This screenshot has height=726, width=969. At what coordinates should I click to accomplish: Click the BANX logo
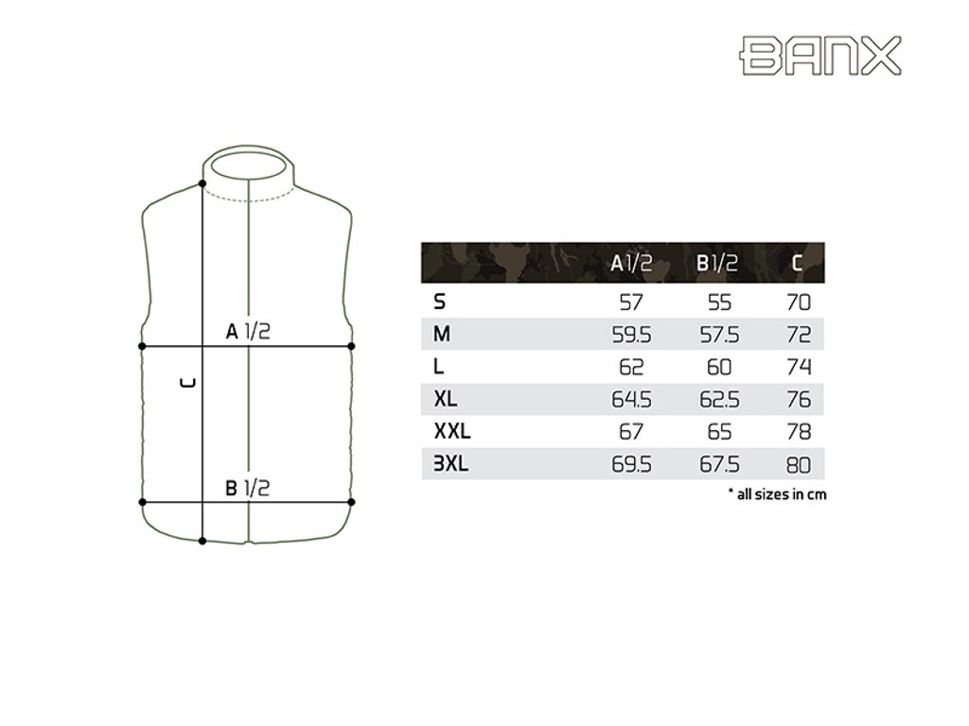click(x=820, y=56)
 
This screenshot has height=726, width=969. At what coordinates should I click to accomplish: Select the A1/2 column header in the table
click(x=631, y=264)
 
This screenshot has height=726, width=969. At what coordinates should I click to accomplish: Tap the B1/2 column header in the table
click(x=717, y=264)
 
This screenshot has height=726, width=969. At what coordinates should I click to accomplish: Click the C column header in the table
click(x=797, y=264)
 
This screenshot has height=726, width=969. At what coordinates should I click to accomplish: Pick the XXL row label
click(x=452, y=431)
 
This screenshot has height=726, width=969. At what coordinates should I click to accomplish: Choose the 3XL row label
click(x=451, y=463)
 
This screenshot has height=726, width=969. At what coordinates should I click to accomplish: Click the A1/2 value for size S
click(x=631, y=302)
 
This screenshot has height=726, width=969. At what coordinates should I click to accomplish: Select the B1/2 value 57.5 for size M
click(x=719, y=335)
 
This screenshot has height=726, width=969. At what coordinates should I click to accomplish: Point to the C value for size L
click(x=799, y=367)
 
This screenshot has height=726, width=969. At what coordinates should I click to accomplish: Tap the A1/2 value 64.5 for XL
click(x=631, y=400)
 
